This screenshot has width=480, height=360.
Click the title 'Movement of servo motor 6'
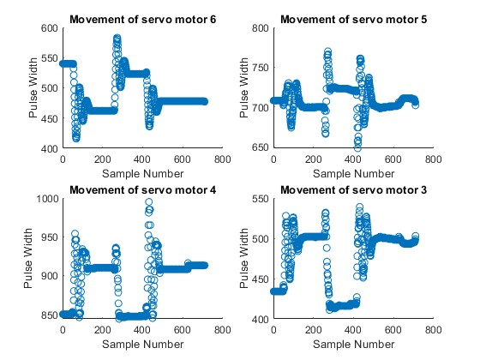pyautogui.click(x=142, y=19)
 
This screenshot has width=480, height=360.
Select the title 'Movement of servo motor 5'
pyautogui.click(x=353, y=19)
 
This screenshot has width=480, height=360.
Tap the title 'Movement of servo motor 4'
pyautogui.click(x=142, y=189)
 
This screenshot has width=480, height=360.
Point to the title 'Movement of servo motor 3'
pyautogui.click(x=353, y=189)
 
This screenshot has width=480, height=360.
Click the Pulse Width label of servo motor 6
pyautogui.click(x=29, y=88)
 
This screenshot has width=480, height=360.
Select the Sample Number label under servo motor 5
pyautogui.click(x=353, y=172)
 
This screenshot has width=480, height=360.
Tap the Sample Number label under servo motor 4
pyautogui.click(x=142, y=342)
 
